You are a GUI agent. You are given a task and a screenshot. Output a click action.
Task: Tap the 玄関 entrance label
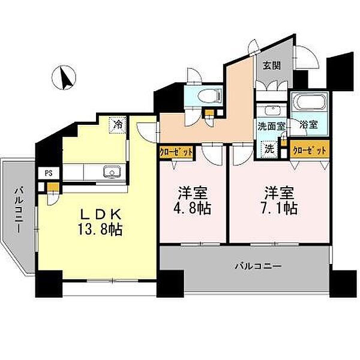268,67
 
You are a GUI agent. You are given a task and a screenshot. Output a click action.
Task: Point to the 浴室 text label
308,127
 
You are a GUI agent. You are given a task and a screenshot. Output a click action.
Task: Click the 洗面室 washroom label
271,127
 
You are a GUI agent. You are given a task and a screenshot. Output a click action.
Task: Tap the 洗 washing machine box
269,148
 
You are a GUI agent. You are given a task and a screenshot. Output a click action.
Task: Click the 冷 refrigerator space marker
118,125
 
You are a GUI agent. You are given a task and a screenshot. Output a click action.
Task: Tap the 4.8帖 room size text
192,209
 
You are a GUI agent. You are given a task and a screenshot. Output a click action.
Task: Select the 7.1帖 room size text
279,209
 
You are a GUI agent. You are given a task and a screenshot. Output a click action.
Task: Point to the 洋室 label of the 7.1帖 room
279,194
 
